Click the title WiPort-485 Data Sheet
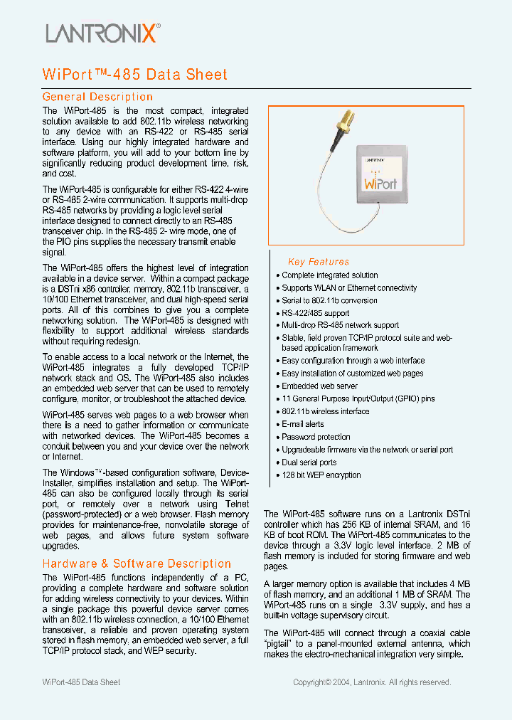click(x=135, y=75)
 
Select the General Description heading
click(x=97, y=97)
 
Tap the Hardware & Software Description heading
click(x=137, y=563)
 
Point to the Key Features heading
click(x=319, y=262)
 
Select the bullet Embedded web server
click(x=319, y=386)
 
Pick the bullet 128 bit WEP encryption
click(x=321, y=475)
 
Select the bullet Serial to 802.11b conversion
click(x=329, y=300)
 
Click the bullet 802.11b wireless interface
click(x=325, y=411)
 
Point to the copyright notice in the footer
click(x=372, y=682)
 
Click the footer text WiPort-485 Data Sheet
click(x=81, y=682)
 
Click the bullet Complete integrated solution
click(x=329, y=275)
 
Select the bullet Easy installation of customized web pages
click(x=352, y=373)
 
